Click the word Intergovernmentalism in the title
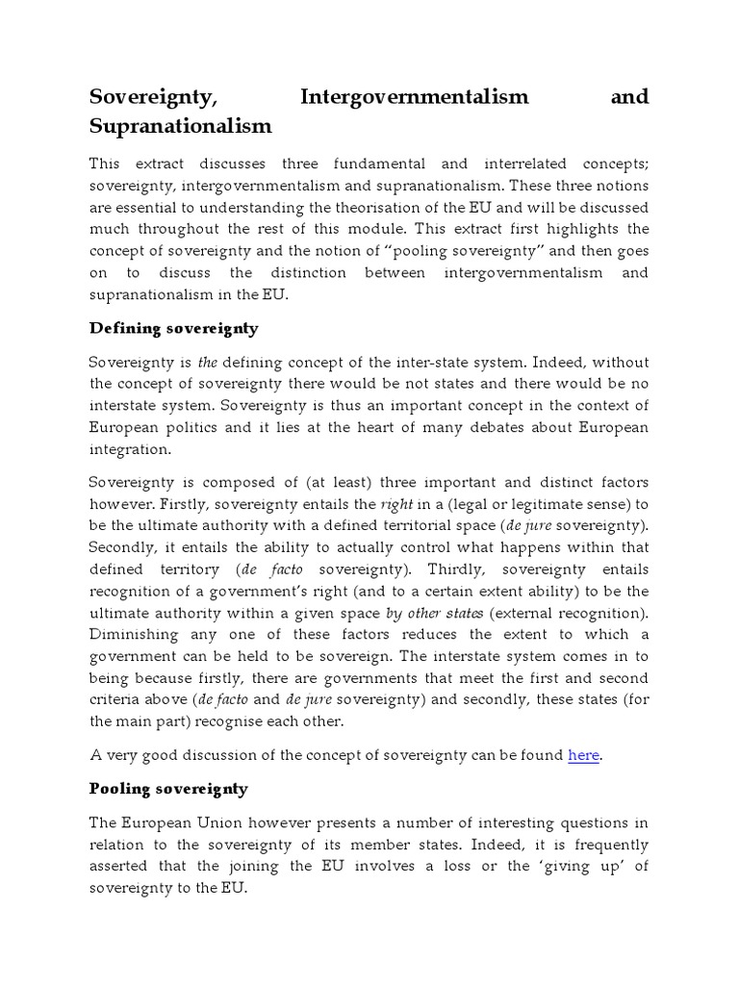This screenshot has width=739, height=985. coord(415,96)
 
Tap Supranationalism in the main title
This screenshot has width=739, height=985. coord(181,126)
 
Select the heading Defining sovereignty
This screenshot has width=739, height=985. coord(173,328)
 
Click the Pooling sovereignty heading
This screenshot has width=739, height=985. coord(168,788)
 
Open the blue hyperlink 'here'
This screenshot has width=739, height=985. coord(583,755)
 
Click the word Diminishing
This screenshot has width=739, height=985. coord(137,635)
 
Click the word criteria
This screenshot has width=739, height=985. coord(119,699)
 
